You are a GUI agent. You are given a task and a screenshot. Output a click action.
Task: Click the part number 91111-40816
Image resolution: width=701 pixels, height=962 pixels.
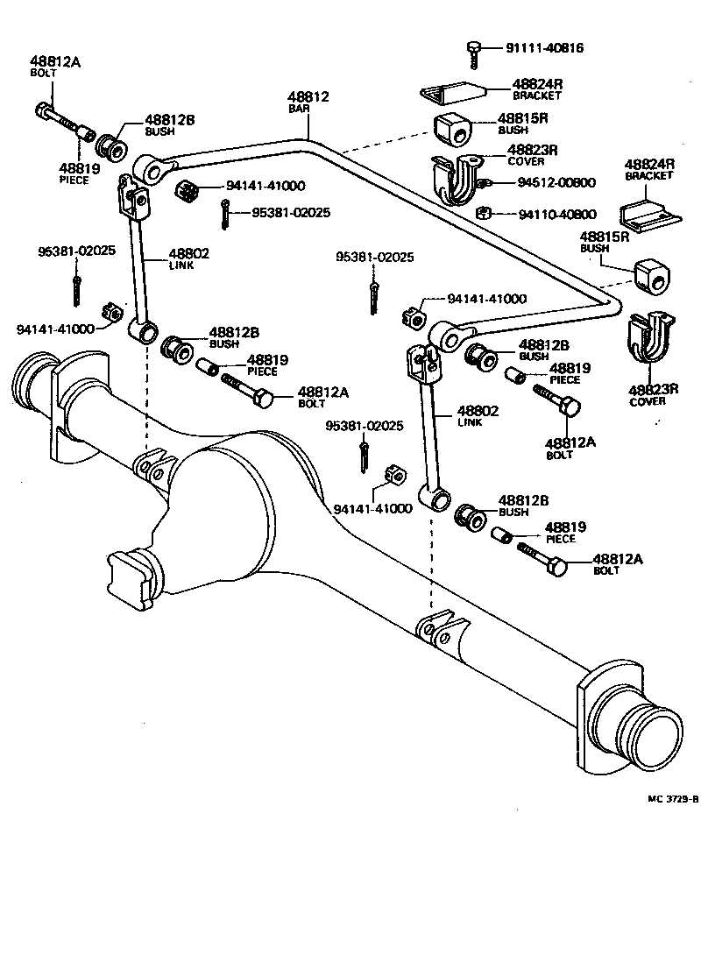coord(544,48)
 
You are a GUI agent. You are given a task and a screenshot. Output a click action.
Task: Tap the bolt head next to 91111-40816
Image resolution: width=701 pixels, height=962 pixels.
coord(472,46)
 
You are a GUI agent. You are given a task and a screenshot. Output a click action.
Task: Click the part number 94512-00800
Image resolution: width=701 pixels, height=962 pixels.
coord(556,182)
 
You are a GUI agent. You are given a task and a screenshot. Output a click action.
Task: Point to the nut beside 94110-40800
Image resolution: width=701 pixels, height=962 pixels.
coord(483,213)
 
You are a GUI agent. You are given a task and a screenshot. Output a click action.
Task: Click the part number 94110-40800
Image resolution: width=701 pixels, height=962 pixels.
coord(557,214)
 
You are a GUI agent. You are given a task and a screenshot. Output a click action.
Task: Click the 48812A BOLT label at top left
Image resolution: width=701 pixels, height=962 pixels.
coord(55,67)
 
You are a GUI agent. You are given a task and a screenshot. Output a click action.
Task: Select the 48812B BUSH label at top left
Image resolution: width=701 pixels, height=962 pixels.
coord(169,124)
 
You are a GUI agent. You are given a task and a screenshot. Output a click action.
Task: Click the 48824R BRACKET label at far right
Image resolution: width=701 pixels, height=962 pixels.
coord(649,169)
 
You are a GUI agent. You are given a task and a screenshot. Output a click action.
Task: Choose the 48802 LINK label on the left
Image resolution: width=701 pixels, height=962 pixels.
coord(189,258)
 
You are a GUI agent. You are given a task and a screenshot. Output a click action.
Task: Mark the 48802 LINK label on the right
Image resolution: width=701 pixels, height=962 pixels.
coord(478,415)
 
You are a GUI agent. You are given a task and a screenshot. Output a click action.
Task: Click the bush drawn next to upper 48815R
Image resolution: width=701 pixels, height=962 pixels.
coord(454,130)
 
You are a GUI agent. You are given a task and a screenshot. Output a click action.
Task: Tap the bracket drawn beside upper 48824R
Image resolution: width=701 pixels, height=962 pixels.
coord(453,91)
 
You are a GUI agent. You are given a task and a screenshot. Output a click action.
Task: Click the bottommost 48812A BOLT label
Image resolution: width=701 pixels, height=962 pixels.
coord(618,564)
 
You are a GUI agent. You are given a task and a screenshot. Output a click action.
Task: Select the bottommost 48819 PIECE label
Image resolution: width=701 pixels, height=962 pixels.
coord(565,532)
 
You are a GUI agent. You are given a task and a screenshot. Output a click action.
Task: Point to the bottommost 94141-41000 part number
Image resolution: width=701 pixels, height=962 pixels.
coord(373,509)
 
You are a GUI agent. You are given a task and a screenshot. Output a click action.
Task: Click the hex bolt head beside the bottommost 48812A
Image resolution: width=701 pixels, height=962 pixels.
coord(557,567)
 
